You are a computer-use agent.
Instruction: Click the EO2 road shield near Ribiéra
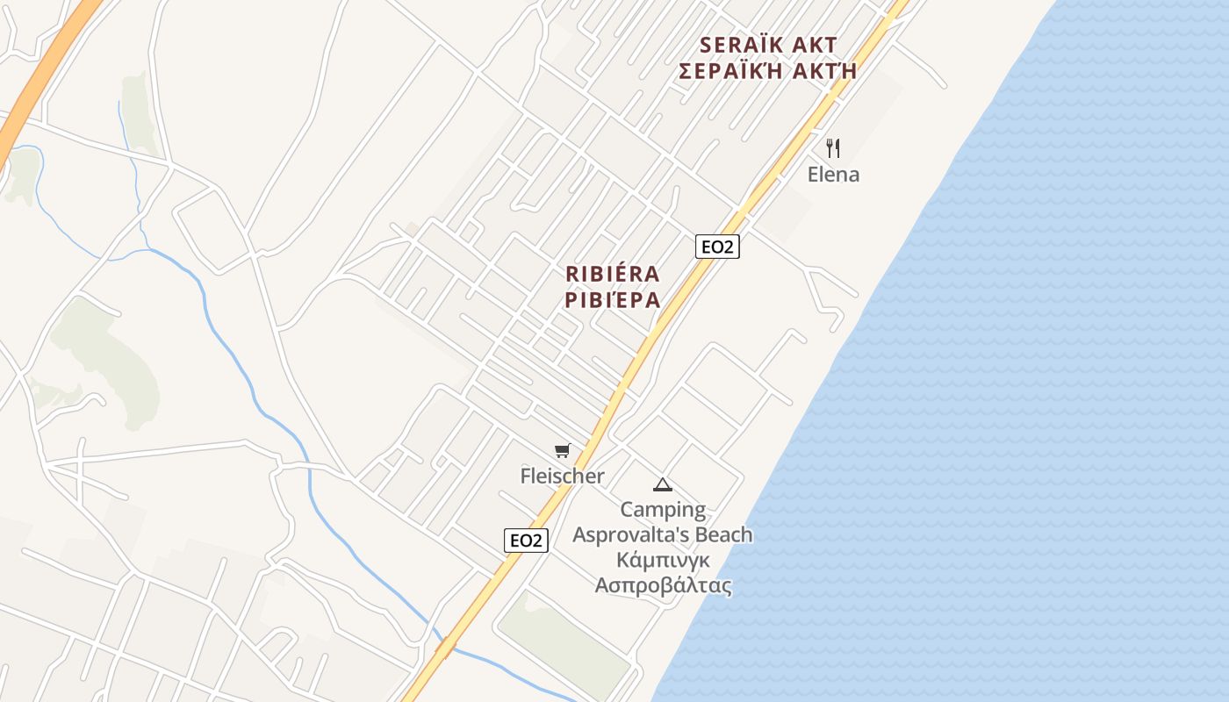pos(717,247)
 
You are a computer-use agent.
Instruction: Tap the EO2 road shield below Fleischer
pos(526,541)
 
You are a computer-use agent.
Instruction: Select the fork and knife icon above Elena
pos(833,147)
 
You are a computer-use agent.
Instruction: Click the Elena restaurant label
pos(833,175)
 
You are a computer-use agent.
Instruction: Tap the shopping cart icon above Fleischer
pos(563,451)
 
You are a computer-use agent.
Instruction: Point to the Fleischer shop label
pos(563,476)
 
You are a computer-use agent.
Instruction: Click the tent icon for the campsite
pos(663,484)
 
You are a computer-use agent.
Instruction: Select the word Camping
pos(663,510)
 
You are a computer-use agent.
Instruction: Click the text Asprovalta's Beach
pos(663,535)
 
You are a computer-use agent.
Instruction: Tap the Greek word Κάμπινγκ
pos(663,560)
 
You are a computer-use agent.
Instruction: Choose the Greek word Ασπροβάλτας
pos(663,585)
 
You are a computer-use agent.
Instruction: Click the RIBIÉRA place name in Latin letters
pos(613,275)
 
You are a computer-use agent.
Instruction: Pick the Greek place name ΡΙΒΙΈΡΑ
pos(613,301)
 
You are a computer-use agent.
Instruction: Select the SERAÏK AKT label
pos(768,46)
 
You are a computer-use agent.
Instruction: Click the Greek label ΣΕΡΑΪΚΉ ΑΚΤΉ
pos(768,71)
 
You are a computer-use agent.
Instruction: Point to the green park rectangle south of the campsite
pos(562,641)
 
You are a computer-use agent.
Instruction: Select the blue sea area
pos(1010,395)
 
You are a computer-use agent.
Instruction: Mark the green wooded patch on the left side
pos(105,360)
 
